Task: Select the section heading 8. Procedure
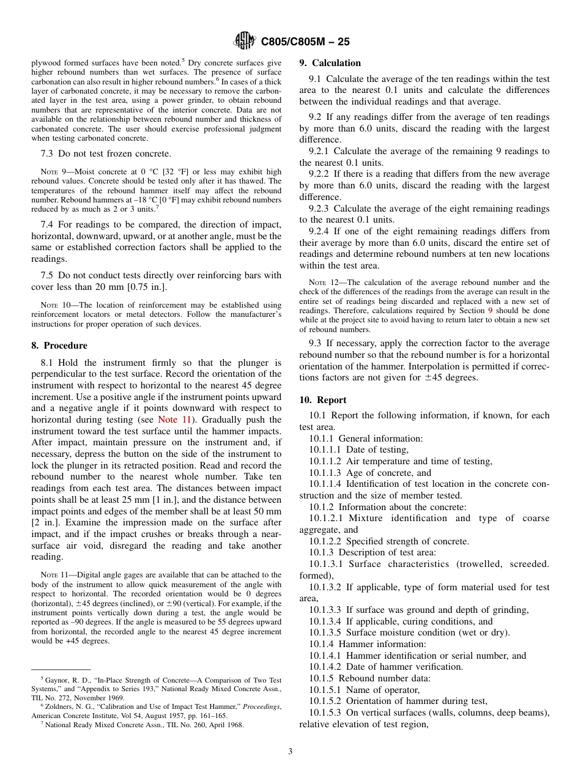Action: pyautogui.click(x=59, y=346)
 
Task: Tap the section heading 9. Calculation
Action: pyautogui.click(x=330, y=63)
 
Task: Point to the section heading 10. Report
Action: pyautogui.click(x=323, y=400)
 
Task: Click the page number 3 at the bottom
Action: pyautogui.click(x=290, y=751)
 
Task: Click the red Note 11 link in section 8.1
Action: pyautogui.click(x=174, y=420)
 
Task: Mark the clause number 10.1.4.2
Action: pyautogui.click(x=325, y=667)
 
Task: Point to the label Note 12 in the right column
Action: pyautogui.click(x=322, y=283)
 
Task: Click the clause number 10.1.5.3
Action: pyautogui.click(x=325, y=713)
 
